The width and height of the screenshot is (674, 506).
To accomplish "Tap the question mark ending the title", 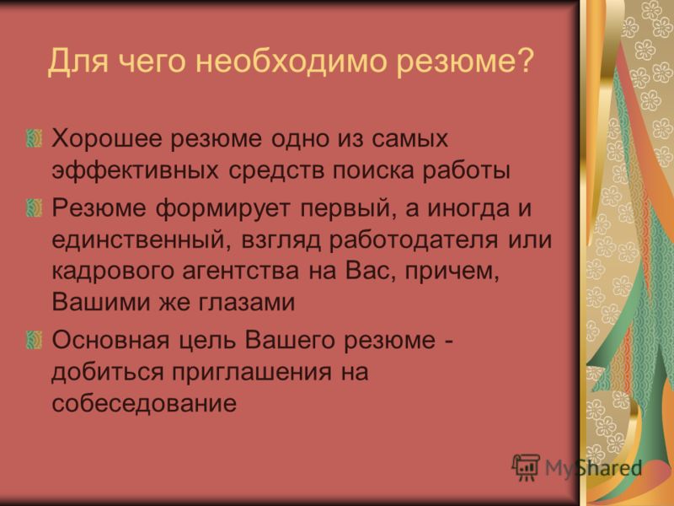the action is click(524, 59).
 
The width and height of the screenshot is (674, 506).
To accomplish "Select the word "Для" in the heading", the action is click(78, 62).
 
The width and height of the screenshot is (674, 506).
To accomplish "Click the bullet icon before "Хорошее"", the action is click(35, 138).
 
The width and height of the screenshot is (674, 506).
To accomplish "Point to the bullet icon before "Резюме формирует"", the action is click(35, 207).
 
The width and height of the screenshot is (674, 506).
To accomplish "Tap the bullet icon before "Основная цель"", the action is click(35, 340).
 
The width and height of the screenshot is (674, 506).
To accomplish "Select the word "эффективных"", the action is click(136, 170).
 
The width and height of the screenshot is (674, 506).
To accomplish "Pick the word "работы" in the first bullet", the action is click(466, 170).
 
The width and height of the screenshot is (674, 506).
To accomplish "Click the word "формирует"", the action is click(222, 208).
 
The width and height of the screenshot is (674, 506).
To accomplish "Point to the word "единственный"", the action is click(138, 240).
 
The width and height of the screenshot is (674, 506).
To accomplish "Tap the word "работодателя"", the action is click(414, 240).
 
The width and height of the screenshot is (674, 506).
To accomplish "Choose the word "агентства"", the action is click(241, 272).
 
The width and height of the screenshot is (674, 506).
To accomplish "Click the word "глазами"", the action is click(247, 303).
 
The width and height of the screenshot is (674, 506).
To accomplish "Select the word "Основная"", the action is click(111, 340).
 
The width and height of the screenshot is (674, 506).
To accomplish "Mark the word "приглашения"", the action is click(252, 372).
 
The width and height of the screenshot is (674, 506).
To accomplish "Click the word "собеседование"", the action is click(144, 403).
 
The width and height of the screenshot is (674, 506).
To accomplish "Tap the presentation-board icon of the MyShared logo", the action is click(525, 467).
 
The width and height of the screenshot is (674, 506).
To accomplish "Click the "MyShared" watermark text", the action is click(593, 468).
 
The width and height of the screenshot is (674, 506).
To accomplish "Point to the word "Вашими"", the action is click(100, 303).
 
